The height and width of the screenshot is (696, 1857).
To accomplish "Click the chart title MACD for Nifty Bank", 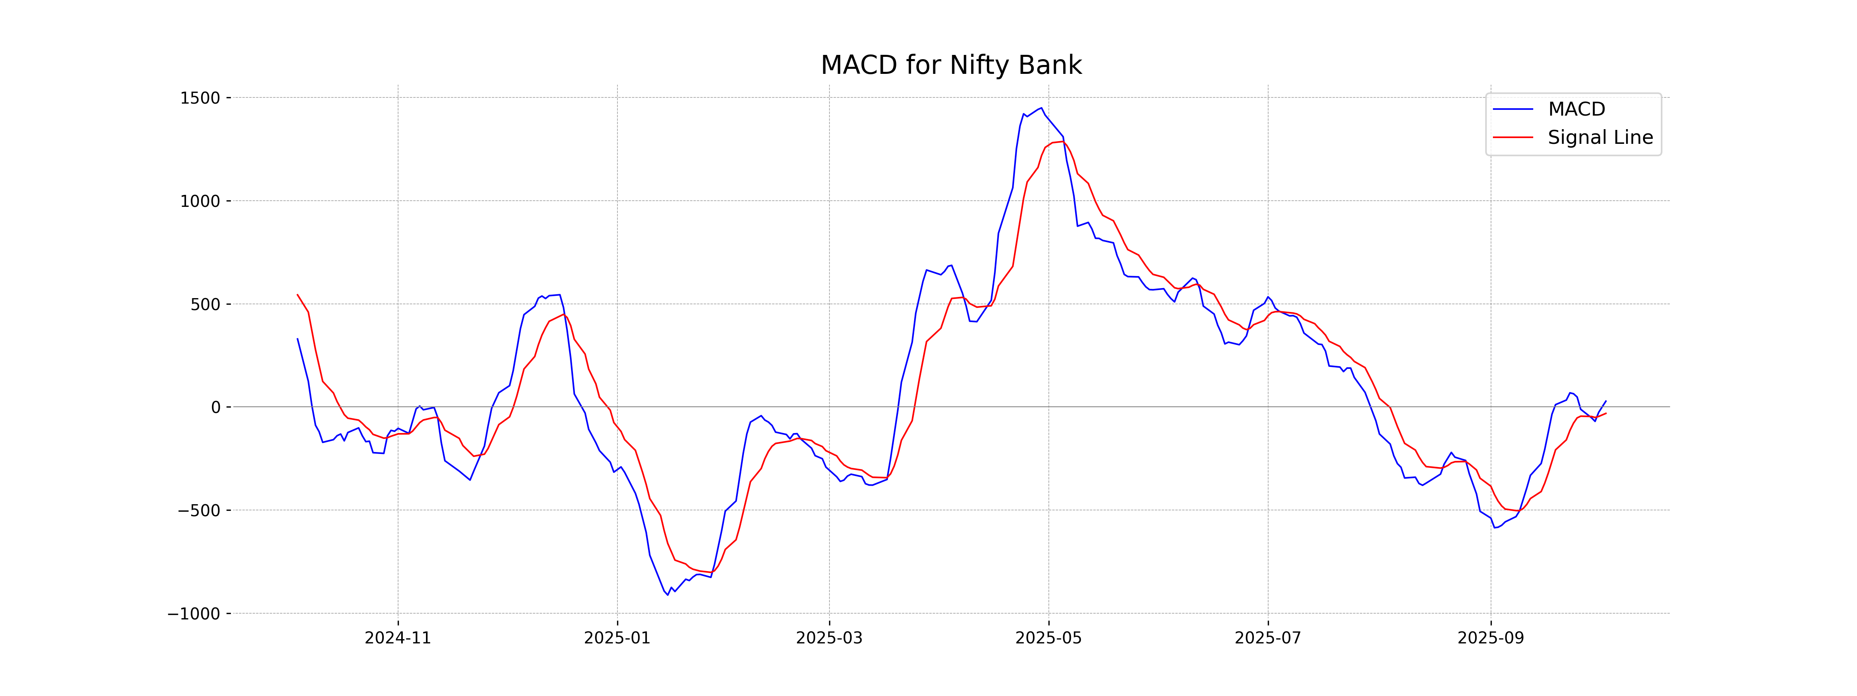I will tap(951, 65).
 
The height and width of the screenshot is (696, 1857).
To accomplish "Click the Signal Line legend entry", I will tap(1600, 138).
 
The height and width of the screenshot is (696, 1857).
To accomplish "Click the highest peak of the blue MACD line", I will tap(1041, 108).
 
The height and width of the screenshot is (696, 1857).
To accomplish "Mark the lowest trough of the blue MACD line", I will tap(667, 595).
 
